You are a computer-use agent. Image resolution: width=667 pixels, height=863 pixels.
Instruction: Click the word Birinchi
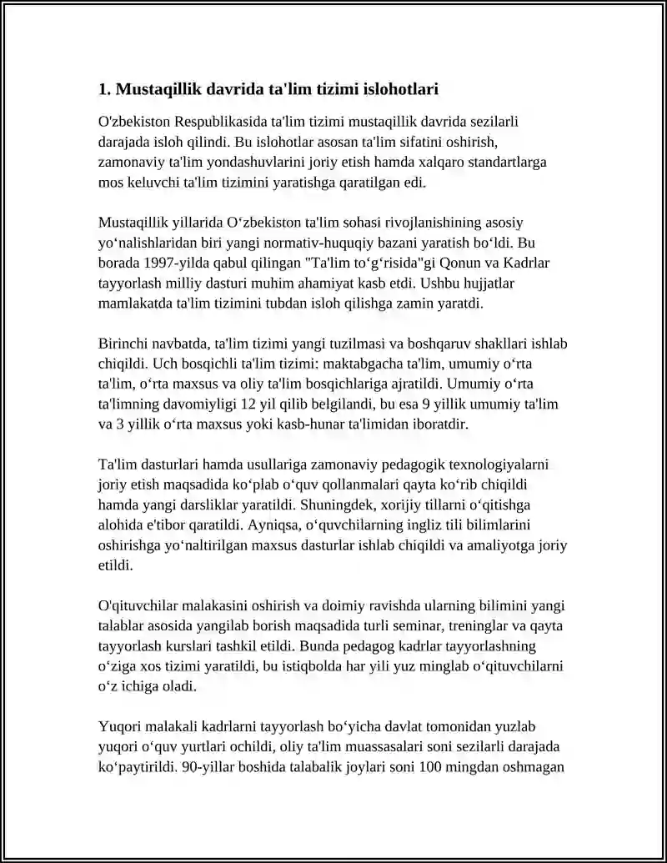123,344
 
